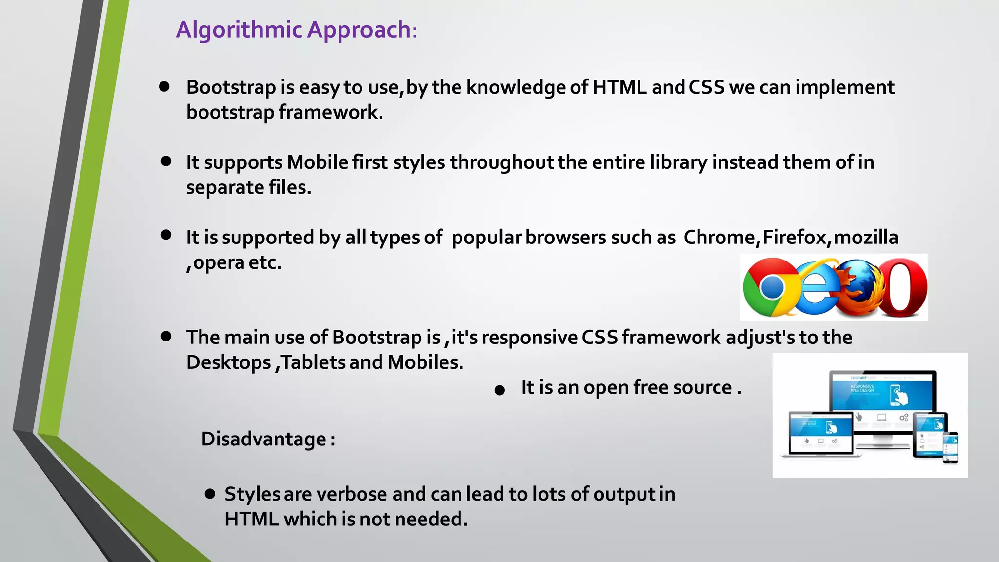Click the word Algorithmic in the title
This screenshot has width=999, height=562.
(239, 30)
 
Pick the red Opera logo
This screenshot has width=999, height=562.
(905, 287)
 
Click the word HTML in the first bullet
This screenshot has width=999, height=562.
(619, 87)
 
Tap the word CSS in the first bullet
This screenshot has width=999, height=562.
(706, 87)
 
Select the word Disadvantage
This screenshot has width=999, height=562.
(263, 439)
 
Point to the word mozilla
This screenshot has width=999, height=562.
(866, 238)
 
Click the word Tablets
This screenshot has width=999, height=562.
(313, 362)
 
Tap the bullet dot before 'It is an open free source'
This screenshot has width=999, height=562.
(499, 390)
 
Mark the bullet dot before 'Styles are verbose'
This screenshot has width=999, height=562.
(210, 494)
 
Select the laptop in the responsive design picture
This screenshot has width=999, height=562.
(820, 434)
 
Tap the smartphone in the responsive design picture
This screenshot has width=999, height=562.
(950, 447)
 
